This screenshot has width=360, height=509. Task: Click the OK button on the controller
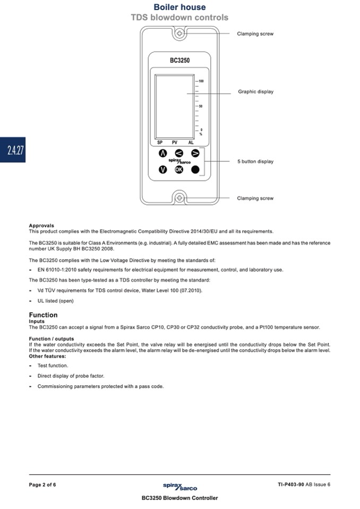179,170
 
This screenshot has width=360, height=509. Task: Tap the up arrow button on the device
163,153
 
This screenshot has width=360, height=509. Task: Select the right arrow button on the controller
195,153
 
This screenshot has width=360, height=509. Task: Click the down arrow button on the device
163,170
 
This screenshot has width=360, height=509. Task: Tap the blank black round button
195,170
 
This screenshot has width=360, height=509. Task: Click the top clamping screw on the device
179,34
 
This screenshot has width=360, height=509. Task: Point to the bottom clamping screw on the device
179,199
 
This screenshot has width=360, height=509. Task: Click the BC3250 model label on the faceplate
179,61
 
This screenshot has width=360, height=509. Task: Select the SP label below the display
160,143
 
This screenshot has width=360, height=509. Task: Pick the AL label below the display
191,143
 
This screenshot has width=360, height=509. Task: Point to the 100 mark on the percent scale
201,81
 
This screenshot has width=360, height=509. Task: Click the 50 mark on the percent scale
201,106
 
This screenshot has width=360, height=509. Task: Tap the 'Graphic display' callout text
255,92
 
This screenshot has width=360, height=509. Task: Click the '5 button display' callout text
255,161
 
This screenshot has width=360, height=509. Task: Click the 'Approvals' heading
41,226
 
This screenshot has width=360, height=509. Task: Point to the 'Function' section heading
43,315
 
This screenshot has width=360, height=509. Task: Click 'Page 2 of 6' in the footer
42,485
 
